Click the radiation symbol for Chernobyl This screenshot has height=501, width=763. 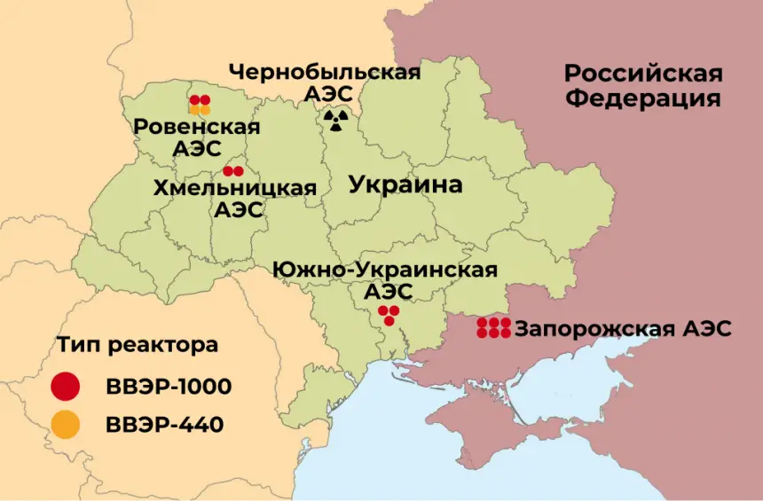[x=335, y=120]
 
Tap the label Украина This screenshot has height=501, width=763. [x=405, y=184]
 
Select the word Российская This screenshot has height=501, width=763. [x=642, y=73]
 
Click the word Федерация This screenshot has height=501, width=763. [x=642, y=98]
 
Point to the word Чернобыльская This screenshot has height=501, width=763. [x=324, y=72]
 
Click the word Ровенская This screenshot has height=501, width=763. [x=197, y=127]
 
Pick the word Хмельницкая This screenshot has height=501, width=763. [x=234, y=188]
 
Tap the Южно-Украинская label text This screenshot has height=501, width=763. [x=385, y=269]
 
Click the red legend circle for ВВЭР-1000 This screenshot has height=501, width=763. [x=66, y=387]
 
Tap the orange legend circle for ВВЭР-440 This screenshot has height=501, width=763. [x=66, y=425]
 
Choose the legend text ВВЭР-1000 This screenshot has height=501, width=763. [x=169, y=387]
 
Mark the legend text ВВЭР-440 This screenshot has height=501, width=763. [x=164, y=425]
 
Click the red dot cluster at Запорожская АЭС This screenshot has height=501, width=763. [x=493, y=327]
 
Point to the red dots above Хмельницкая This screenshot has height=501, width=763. [x=233, y=170]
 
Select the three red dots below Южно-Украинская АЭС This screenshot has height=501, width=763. [x=389, y=315]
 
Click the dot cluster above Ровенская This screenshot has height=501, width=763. [x=200, y=105]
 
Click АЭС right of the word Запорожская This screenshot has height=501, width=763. [x=707, y=329]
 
